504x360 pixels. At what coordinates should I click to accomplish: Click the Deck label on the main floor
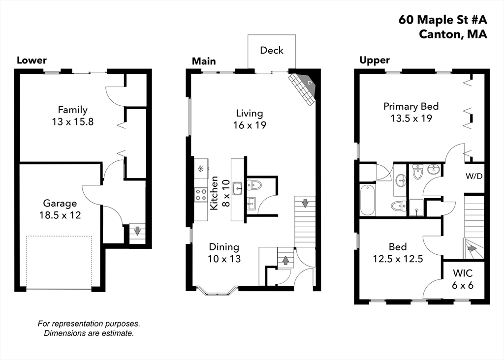point(272,50)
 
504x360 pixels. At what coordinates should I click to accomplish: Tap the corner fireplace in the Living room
point(303,89)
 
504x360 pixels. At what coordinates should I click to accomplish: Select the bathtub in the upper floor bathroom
point(368,200)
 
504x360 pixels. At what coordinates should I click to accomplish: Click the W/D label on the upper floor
point(474,176)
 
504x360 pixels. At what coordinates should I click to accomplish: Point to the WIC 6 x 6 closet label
point(463,279)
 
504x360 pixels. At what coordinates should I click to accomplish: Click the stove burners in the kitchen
point(201,194)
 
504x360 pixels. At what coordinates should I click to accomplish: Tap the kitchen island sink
point(238,187)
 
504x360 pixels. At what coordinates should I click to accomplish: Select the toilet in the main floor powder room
point(255,185)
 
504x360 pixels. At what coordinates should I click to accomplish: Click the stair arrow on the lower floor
point(137,230)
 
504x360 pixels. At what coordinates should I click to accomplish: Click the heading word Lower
point(31,60)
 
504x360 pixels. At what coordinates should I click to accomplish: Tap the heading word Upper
point(374,60)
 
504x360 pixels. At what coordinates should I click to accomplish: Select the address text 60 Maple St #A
point(442,20)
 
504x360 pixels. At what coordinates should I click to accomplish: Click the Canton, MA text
point(453,34)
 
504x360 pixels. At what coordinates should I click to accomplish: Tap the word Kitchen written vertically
point(215,194)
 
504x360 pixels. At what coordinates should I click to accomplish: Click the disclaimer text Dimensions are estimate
point(89,333)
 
